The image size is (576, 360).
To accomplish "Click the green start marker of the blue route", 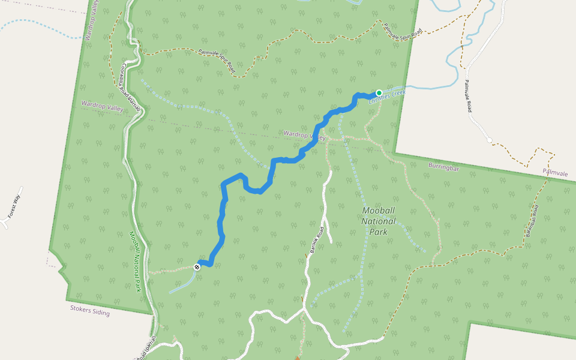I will click(379, 93).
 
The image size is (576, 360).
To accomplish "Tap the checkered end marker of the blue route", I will click(197, 266).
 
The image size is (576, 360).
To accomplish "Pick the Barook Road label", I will click(316, 240).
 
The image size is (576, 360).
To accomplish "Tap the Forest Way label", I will click(14, 206).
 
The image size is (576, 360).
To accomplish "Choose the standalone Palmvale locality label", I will click(555, 173).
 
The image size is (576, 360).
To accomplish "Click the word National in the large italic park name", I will click(379, 221).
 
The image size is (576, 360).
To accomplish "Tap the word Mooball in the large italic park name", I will click(379, 211).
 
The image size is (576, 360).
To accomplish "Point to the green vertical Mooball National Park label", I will click(134, 262).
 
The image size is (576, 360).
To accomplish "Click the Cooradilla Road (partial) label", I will click(131, 88).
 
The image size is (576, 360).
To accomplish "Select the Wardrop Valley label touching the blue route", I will click(304, 135).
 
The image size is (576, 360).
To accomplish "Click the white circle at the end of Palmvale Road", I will click(490, 140).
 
